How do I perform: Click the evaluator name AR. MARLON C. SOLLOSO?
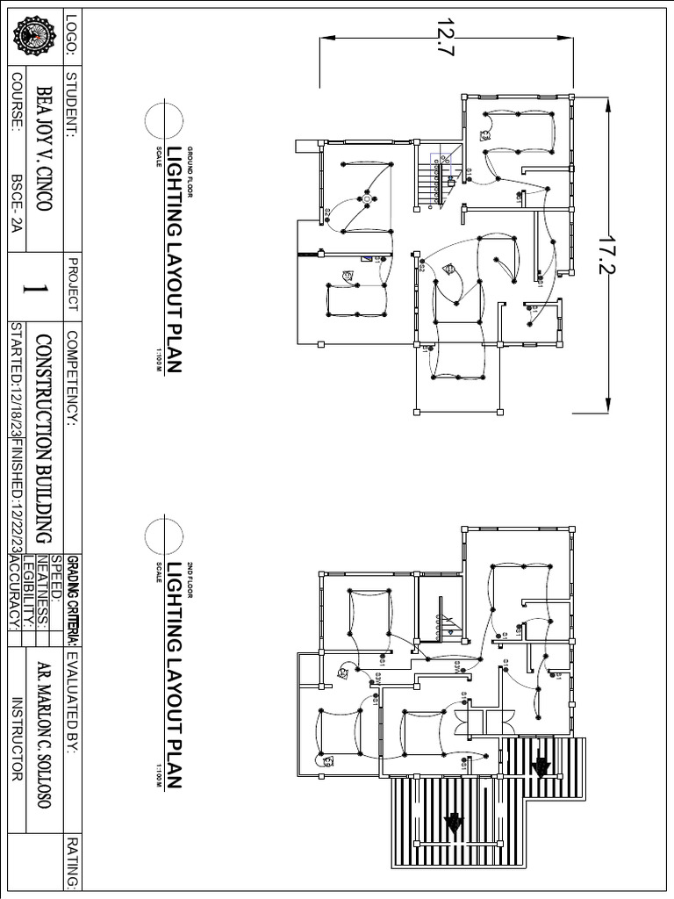(42, 729)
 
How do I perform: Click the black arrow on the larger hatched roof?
(454, 823)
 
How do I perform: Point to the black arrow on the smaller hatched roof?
(541, 767)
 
